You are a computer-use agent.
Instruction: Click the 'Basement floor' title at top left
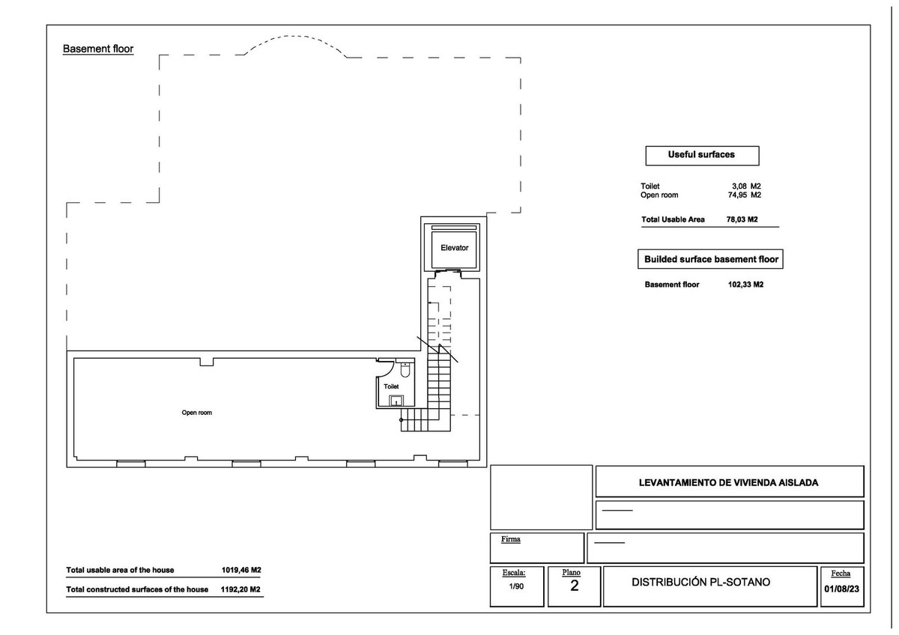click(97, 49)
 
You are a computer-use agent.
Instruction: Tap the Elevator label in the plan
click(454, 248)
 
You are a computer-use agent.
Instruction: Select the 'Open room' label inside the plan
click(196, 413)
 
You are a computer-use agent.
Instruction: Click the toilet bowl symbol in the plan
click(405, 369)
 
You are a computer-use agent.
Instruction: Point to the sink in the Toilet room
click(395, 399)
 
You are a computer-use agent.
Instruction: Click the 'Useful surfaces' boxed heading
click(701, 155)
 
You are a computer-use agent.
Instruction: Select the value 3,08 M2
click(746, 186)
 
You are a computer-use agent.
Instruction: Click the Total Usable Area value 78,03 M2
click(742, 220)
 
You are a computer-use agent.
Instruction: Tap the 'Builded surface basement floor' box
click(711, 260)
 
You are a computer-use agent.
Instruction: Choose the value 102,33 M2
click(745, 285)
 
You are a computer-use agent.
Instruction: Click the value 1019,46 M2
click(241, 570)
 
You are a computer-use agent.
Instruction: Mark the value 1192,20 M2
click(241, 589)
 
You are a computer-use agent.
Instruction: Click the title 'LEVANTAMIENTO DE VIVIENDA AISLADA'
click(728, 482)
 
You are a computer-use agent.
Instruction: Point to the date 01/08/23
click(840, 589)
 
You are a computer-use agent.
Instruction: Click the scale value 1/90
click(515, 587)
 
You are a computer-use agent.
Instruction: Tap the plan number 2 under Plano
click(574, 586)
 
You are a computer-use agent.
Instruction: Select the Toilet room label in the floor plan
click(391, 386)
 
